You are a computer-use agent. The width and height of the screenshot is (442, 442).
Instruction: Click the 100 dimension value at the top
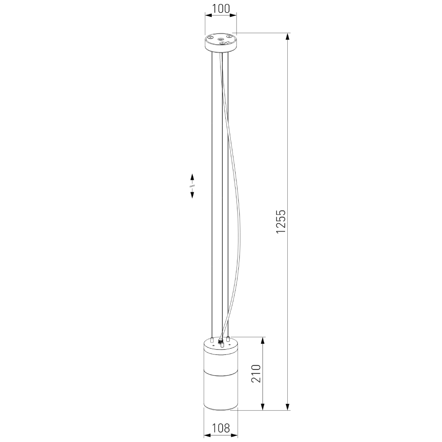pos(221,8)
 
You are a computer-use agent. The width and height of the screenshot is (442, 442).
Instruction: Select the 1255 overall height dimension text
pos(282,221)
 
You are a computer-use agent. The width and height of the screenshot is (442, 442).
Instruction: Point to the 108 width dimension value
pos(221,428)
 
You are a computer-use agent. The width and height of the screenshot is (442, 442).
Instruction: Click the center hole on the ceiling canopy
pos(221,40)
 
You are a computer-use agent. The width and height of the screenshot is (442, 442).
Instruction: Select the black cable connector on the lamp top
pos(221,342)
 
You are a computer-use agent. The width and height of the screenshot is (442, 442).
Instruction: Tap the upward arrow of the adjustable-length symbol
pos(192,177)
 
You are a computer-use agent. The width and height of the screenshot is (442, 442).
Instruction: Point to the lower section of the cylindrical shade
pos(221,391)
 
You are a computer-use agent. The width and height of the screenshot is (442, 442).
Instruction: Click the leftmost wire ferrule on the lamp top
pos(213,340)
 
